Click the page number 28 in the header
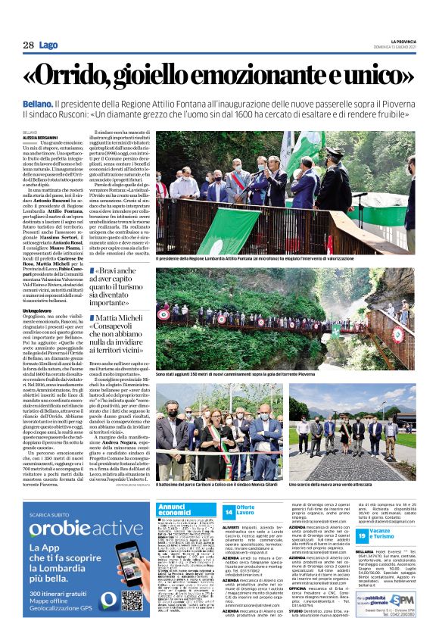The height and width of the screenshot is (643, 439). coord(28,45)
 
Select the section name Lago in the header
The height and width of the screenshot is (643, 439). coord(49,45)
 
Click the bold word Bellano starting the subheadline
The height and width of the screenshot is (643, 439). coord(36,102)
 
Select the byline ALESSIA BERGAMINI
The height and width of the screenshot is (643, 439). coord(39,137)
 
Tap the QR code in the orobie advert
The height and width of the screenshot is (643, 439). coord(132,579)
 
